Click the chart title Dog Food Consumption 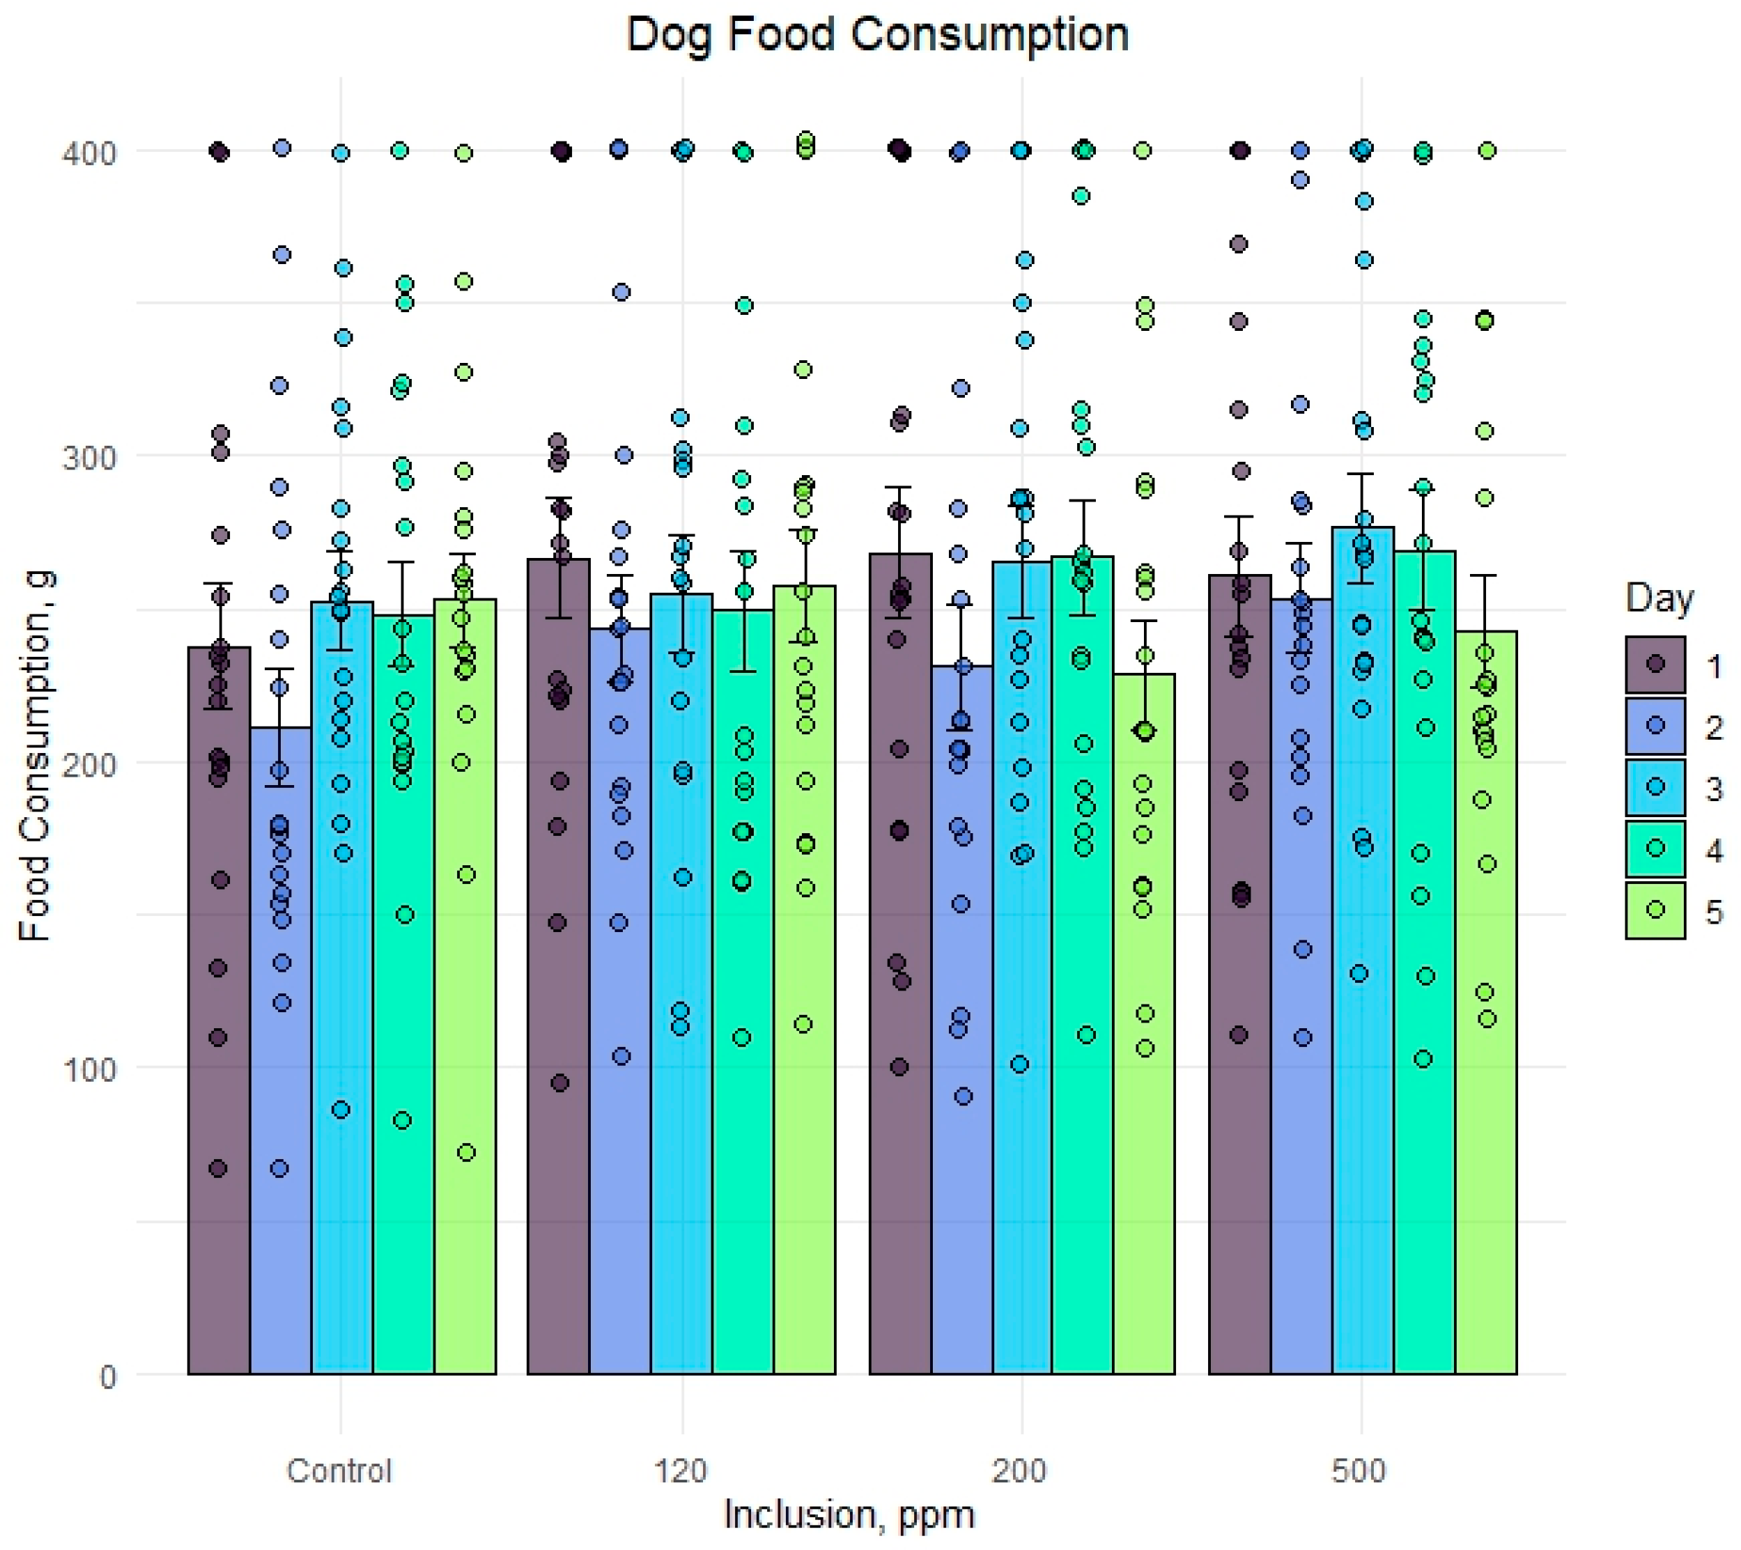876,36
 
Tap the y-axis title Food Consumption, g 36,757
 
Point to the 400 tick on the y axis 88,154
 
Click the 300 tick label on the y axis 88,458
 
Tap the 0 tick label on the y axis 107,1377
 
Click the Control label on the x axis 339,1471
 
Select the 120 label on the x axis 681,1471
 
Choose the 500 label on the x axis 1359,1471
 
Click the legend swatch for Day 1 1655,665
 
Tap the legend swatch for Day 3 1655,787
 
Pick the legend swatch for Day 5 1655,910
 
